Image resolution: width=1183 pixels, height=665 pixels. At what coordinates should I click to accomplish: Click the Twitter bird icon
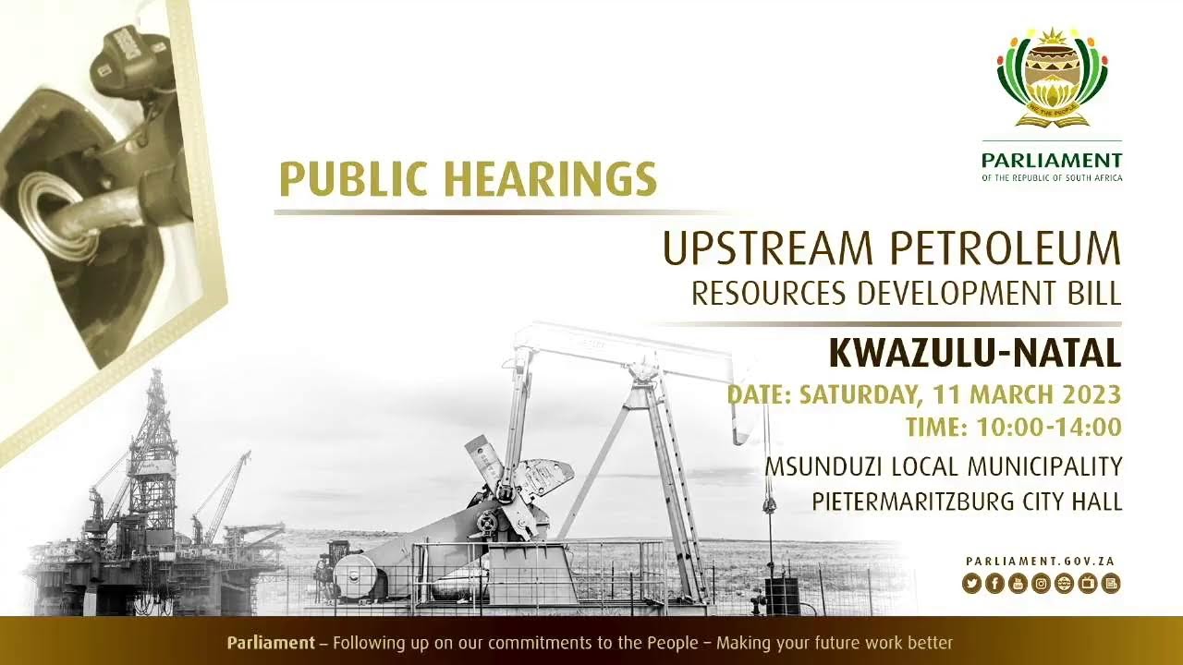pos(970,583)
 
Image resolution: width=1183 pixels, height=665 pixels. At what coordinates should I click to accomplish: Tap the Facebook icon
pos(994,583)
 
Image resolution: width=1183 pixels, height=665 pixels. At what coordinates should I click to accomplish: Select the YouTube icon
pos(1018,583)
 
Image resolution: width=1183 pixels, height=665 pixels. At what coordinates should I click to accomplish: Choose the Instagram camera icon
pos(1041,583)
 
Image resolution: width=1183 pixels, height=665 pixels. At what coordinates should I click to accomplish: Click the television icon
pos(1088,583)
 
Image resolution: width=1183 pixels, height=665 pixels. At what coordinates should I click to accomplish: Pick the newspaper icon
pos(1111,583)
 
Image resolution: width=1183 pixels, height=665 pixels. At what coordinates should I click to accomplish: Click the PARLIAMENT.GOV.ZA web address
pos(1043,562)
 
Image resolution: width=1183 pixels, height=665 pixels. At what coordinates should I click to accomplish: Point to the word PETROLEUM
pos(1006,249)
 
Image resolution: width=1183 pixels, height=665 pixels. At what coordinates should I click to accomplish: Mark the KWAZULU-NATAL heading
pos(974,353)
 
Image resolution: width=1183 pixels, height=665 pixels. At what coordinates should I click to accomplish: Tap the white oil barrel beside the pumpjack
pos(355,574)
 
